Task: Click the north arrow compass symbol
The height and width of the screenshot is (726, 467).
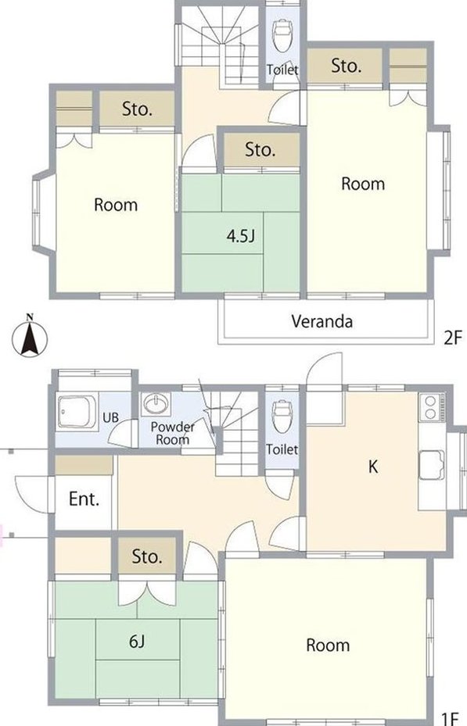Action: click(29, 335)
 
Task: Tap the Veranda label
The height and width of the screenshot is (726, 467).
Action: click(322, 321)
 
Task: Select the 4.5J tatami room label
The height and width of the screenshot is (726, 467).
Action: click(240, 236)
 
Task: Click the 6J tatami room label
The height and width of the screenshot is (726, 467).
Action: click(137, 642)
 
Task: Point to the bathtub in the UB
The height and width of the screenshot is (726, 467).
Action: click(78, 411)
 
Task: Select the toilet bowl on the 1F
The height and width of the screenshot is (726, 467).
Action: click(282, 415)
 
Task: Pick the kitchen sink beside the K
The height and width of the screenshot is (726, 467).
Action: click(432, 465)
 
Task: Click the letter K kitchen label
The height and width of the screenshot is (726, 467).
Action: click(373, 467)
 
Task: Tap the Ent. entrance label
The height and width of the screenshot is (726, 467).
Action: click(84, 499)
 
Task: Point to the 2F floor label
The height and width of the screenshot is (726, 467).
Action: click(453, 338)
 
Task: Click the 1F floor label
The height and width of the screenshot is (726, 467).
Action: click(449, 718)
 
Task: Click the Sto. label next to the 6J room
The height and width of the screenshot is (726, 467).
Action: click(147, 556)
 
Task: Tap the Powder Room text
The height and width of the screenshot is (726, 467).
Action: click(172, 433)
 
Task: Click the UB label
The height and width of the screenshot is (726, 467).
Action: click(111, 417)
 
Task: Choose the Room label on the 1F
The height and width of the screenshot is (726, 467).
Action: click(328, 645)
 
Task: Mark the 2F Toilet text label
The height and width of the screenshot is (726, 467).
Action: click(282, 70)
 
